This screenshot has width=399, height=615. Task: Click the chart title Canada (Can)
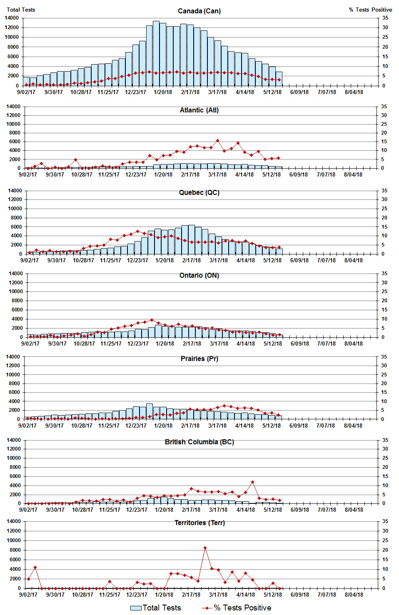coord(199,11)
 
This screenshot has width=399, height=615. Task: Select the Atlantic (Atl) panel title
coord(199,110)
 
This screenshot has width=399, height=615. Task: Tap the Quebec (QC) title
coord(199,192)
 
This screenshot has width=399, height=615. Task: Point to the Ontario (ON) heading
coord(199,275)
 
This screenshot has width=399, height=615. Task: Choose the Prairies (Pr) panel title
coord(199,359)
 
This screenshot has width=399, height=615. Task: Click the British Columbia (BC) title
coord(199,442)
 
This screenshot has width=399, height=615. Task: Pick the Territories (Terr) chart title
coord(199,523)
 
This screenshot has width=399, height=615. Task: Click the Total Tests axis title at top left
coord(21,10)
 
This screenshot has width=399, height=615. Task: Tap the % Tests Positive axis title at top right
coord(370,10)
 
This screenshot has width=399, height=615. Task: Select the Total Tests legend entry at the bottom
coord(156,608)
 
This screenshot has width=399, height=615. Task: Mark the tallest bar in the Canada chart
coord(156,53)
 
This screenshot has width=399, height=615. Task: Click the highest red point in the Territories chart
coord(205,548)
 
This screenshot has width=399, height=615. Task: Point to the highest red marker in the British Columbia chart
coord(252,482)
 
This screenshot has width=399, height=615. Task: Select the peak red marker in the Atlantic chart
coord(217,141)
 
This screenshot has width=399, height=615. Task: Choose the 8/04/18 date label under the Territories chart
coord(354,595)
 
